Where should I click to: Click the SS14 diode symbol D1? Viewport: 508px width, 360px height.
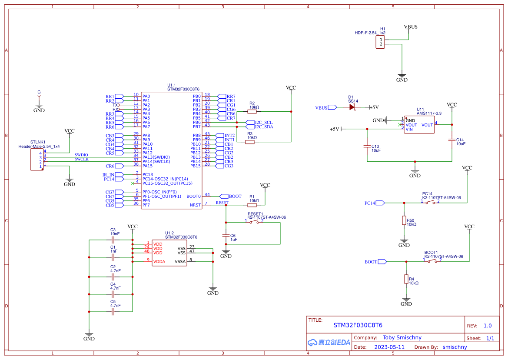point(352,107)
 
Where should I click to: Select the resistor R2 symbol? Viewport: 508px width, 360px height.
point(252,112)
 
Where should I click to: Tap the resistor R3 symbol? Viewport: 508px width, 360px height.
point(249,142)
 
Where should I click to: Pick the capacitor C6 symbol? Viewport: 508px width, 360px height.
point(226,236)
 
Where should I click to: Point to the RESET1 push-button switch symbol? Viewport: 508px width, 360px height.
point(255,222)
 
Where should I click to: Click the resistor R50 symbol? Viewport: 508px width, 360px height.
point(404,220)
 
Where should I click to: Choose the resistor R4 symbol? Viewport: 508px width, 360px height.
point(406,279)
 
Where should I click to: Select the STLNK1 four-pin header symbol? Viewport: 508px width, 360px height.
point(37,160)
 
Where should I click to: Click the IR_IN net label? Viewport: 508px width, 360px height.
point(109,174)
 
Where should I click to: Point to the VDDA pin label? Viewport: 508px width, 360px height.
point(159,261)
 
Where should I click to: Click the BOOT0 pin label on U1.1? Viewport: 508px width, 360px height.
point(193,196)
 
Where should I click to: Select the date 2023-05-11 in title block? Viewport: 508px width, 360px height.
point(389,347)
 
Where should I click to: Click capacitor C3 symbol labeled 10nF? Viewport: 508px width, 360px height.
point(113,240)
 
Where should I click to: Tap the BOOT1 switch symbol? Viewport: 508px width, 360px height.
point(432,261)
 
